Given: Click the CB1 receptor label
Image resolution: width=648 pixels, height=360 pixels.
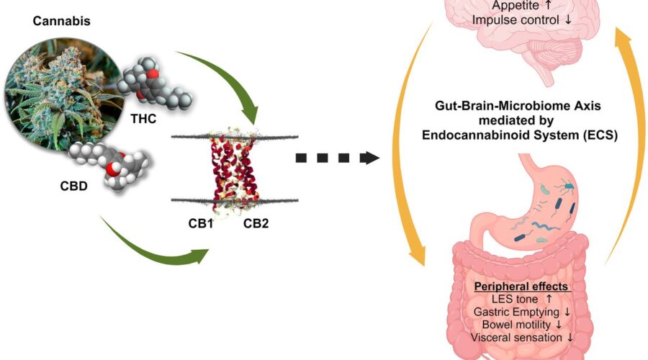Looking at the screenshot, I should tap(192, 224).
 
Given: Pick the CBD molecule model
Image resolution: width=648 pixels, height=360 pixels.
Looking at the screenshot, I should tap(112, 164).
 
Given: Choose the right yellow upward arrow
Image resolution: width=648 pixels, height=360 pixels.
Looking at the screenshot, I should tap(625, 144).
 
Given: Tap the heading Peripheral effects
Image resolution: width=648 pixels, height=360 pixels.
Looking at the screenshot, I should tap(521, 286).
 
